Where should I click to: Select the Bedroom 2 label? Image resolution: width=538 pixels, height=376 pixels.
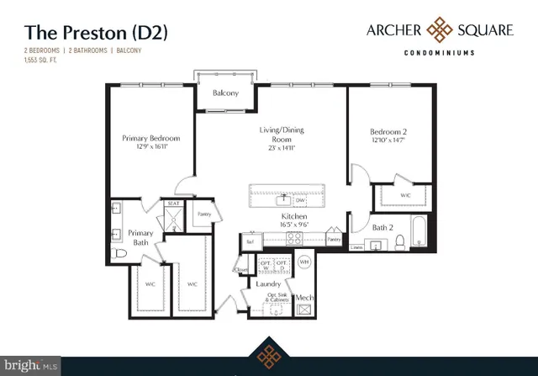[389, 131]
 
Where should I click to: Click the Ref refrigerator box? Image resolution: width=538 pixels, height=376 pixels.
[250, 241]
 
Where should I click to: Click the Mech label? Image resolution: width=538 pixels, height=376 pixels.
[303, 298]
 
